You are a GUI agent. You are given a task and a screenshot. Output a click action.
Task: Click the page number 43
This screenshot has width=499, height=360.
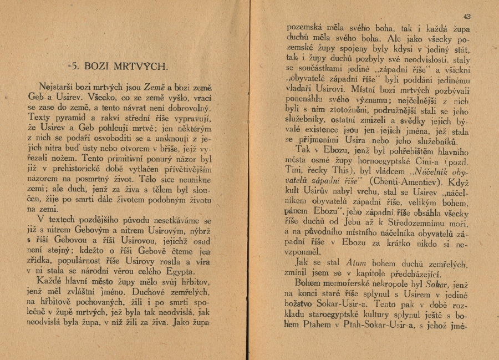point(467,17)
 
